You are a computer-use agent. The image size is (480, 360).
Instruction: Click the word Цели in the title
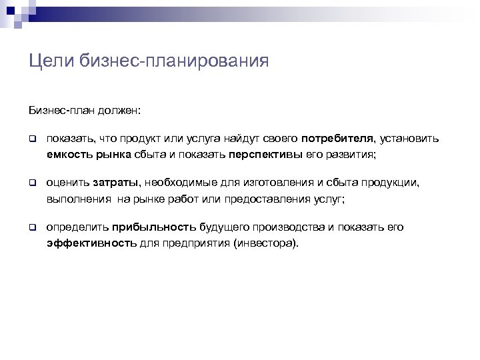point(49,62)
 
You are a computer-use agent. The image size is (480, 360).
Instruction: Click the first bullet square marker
point(31,139)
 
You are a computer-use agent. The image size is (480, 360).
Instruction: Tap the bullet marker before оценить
point(31,183)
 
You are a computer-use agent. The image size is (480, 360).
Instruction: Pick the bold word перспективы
point(265,154)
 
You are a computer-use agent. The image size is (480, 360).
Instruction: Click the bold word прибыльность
point(155,227)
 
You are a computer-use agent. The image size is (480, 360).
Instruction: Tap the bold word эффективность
point(91,243)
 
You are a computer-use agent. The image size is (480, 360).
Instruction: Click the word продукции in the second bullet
point(395,183)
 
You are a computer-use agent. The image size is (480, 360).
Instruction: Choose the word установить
point(411,139)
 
